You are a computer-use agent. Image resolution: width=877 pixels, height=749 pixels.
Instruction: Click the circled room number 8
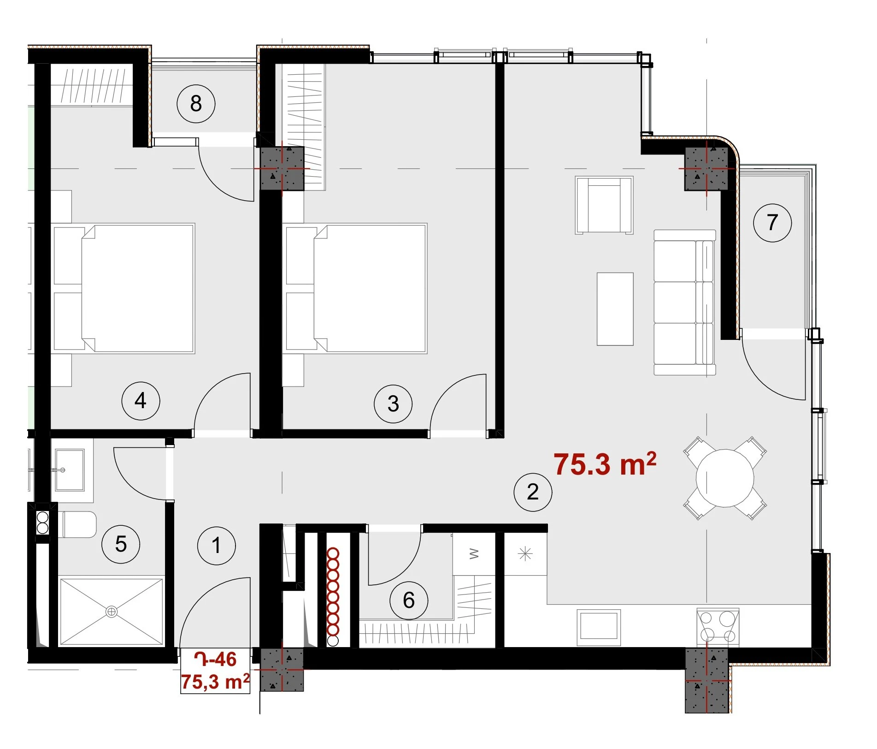(x=196, y=104)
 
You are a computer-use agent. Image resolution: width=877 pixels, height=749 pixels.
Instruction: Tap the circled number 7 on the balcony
(x=772, y=223)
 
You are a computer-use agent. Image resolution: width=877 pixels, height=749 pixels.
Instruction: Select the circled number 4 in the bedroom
(x=141, y=401)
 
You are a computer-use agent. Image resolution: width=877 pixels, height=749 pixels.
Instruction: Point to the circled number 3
(x=393, y=404)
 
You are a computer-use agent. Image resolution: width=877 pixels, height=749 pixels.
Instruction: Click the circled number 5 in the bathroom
(x=121, y=544)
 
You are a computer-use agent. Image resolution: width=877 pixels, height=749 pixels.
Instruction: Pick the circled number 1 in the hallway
(x=216, y=546)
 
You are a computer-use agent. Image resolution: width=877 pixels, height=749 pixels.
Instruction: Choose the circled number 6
(x=409, y=600)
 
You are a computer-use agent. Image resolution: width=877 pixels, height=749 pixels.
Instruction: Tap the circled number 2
(x=533, y=492)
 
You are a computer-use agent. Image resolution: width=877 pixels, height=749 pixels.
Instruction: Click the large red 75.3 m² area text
(x=605, y=464)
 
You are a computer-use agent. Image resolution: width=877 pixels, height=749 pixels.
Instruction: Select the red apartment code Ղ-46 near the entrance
(x=216, y=660)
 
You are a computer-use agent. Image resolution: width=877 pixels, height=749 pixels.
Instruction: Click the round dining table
(x=725, y=478)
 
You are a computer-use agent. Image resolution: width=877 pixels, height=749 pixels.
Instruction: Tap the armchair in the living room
(x=604, y=205)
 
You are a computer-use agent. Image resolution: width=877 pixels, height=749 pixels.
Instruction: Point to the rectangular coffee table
(x=615, y=309)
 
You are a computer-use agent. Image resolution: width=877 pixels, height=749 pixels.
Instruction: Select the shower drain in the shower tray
(x=112, y=612)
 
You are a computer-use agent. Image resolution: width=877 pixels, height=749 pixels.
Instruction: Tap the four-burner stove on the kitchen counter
(x=718, y=627)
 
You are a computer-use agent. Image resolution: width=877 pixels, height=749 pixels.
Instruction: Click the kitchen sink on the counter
(x=599, y=626)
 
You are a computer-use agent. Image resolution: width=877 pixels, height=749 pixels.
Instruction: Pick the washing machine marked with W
(x=474, y=554)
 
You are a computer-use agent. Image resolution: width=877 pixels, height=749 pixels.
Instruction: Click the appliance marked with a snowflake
(x=525, y=554)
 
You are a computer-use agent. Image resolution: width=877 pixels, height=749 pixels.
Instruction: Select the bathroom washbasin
(x=70, y=470)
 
